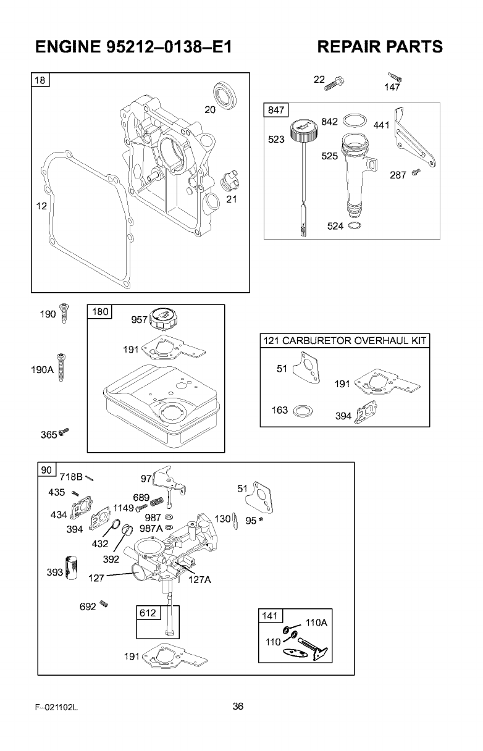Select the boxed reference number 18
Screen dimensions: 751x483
(x=41, y=81)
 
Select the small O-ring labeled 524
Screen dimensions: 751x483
(x=353, y=226)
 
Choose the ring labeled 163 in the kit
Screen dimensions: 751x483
(x=303, y=411)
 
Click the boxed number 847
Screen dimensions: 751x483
(x=274, y=111)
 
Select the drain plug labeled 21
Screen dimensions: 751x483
(x=229, y=182)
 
